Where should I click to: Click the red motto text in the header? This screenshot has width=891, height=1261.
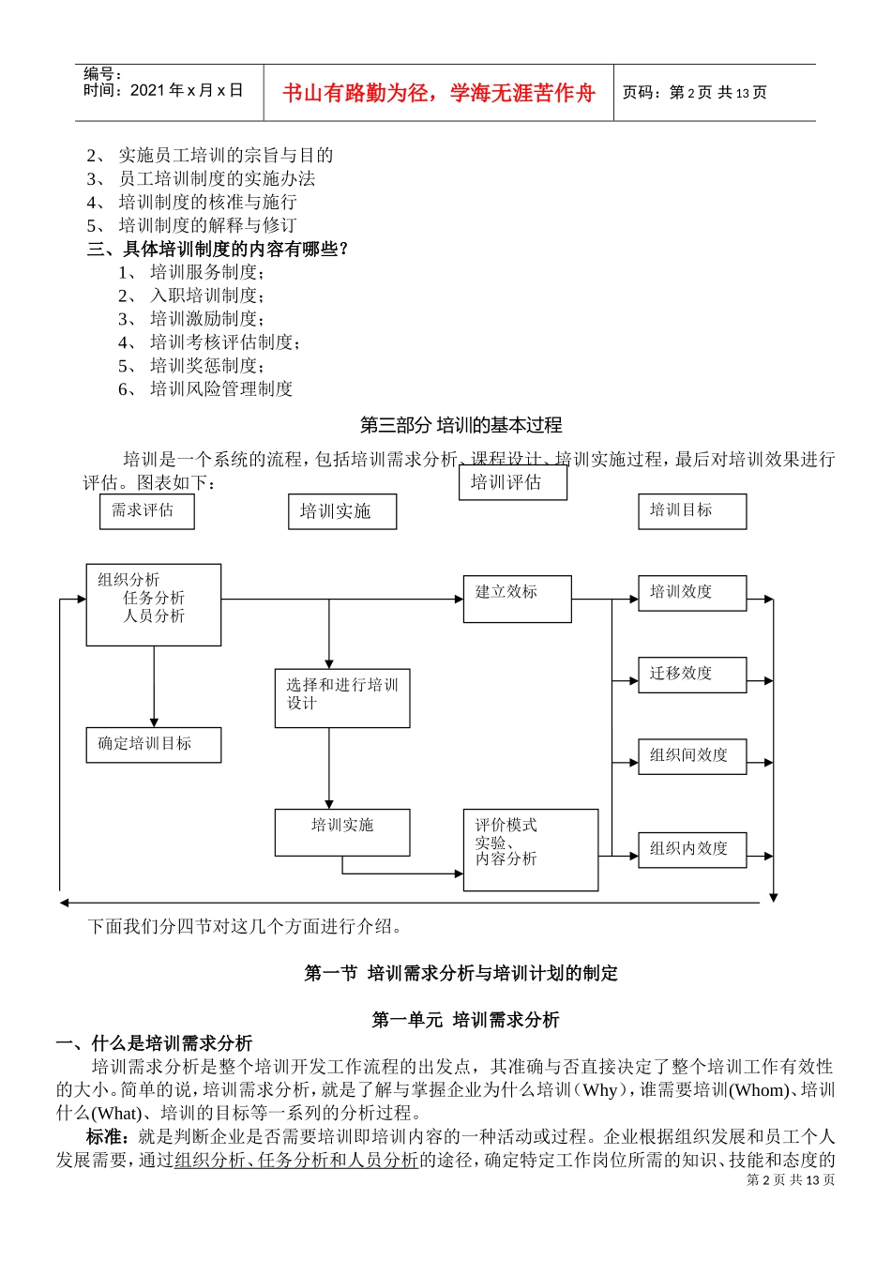(x=438, y=93)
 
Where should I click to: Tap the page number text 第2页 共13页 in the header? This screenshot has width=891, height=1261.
(x=695, y=93)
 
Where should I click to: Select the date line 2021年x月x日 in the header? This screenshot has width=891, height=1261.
(x=163, y=91)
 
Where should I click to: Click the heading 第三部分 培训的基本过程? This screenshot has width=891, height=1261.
(x=461, y=425)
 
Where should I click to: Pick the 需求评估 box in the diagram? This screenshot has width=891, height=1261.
(x=146, y=511)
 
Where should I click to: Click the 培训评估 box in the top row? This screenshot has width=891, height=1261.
(x=512, y=483)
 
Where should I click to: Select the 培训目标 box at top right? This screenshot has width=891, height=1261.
(x=692, y=511)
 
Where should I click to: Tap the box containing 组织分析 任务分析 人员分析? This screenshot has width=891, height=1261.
(x=153, y=604)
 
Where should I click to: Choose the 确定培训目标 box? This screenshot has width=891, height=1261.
(x=153, y=744)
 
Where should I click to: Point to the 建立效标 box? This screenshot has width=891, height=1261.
(x=517, y=599)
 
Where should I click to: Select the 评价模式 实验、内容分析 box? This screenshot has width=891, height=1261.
(x=530, y=849)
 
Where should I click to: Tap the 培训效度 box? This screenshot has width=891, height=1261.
(x=692, y=593)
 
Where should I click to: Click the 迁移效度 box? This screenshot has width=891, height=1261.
(x=692, y=675)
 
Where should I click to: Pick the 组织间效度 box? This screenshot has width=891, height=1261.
(x=692, y=755)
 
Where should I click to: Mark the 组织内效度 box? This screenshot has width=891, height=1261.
(x=692, y=849)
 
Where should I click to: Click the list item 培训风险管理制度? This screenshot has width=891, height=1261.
(x=221, y=389)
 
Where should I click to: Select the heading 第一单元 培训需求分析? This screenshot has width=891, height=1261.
(x=465, y=1020)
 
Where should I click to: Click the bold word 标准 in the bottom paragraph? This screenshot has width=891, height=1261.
(x=106, y=1137)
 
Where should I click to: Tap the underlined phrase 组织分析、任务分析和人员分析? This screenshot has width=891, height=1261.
(x=296, y=1161)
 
